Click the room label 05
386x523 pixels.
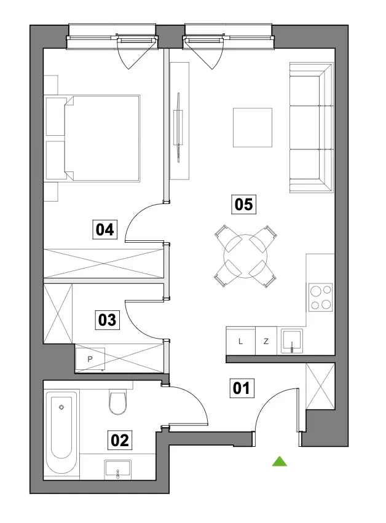point(243,205)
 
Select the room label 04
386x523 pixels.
point(104,229)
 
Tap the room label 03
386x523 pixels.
point(107,320)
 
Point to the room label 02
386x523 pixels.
point(120,440)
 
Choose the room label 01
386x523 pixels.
point(242,388)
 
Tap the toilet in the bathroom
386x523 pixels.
point(118,402)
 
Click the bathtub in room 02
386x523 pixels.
point(61,433)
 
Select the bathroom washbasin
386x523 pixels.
point(118,470)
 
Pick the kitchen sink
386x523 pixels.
point(292,341)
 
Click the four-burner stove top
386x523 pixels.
point(321,297)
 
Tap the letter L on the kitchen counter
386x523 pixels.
point(240,342)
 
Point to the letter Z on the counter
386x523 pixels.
point(266,342)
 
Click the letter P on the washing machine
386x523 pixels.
point(90,360)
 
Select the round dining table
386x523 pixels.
point(245,256)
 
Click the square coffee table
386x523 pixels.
point(253,127)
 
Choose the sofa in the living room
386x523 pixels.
point(311,127)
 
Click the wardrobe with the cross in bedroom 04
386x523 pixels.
point(104,263)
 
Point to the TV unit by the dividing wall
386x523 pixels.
point(179,121)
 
